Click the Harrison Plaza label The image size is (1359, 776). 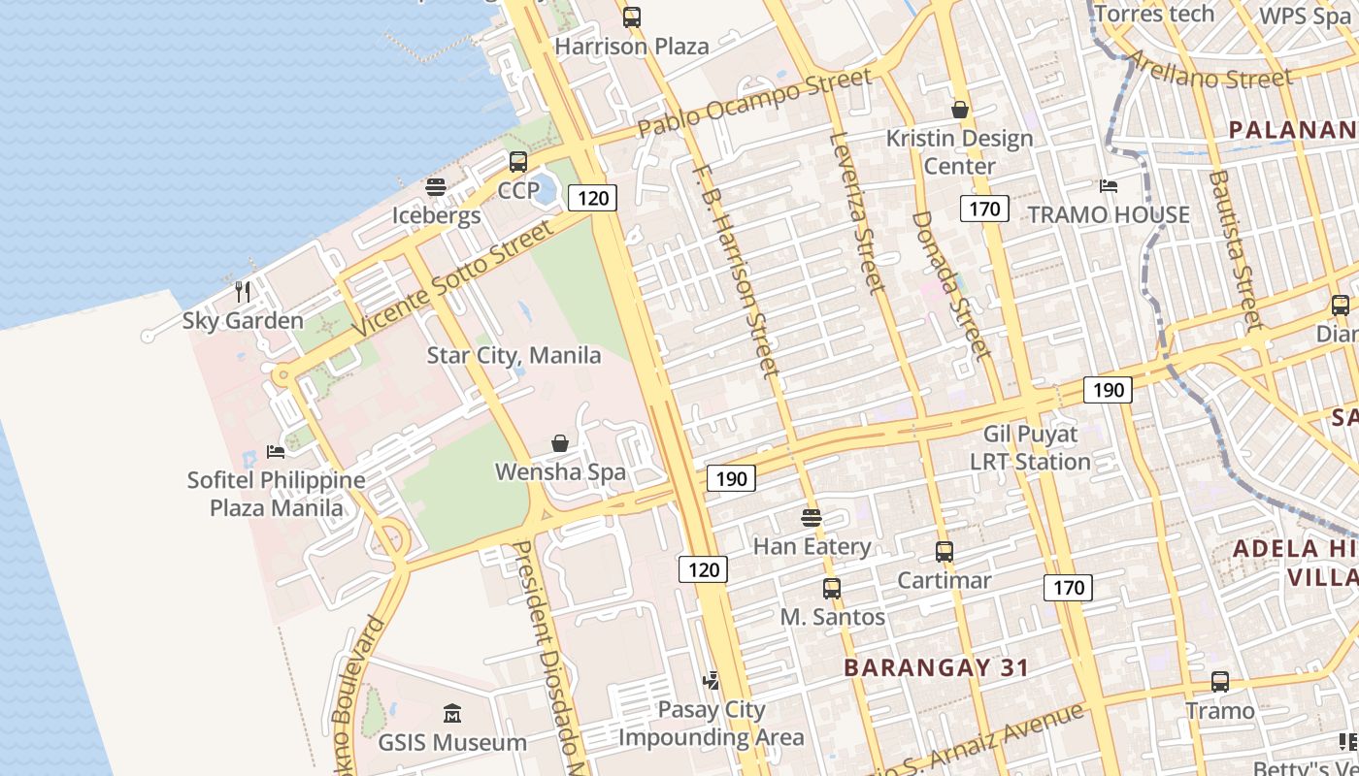click(x=631, y=46)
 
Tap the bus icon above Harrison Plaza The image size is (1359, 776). click(x=632, y=16)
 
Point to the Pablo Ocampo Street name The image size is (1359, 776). click(x=755, y=102)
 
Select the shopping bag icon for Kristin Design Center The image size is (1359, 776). click(x=960, y=110)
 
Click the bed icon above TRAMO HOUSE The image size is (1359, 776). click(x=1109, y=185)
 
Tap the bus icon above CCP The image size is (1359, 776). click(x=518, y=161)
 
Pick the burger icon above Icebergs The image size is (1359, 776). click(x=436, y=186)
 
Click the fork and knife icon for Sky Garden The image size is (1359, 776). click(x=243, y=291)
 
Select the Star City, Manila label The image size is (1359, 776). click(x=514, y=355)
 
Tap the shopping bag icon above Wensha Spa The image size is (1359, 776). click(x=560, y=443)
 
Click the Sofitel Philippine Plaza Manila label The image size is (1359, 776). click(x=277, y=494)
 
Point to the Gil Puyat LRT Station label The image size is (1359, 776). click(x=1031, y=448)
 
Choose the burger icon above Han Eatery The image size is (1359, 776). click(x=812, y=517)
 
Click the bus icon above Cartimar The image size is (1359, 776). click(x=945, y=552)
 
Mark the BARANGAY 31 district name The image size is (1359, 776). click(x=936, y=667)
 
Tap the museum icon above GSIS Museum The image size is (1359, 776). click(x=451, y=715)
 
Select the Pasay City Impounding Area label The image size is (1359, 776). click(x=712, y=724)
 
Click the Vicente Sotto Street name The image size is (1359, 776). click(x=453, y=278)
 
